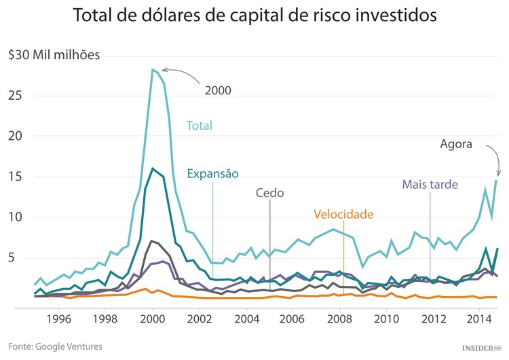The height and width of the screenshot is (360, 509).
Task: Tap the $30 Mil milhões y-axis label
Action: [54, 55]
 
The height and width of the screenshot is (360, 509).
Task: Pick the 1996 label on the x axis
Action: [58, 318]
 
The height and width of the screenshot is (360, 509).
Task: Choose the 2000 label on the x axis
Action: [152, 318]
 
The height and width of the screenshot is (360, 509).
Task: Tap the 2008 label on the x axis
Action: [340, 318]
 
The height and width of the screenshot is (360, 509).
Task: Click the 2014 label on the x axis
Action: [480, 318]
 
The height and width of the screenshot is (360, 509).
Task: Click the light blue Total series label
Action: [200, 126]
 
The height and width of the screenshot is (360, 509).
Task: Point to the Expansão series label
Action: [213, 173]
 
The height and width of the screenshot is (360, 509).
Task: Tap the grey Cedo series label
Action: [269, 192]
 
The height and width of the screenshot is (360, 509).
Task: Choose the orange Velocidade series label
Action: [343, 215]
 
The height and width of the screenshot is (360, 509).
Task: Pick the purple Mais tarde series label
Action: [430, 185]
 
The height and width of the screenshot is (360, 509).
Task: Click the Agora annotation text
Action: [456, 144]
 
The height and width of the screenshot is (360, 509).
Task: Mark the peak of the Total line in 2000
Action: [153, 69]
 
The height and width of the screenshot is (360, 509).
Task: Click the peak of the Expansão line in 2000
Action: [153, 168]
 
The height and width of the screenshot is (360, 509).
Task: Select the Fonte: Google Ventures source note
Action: [56, 346]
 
